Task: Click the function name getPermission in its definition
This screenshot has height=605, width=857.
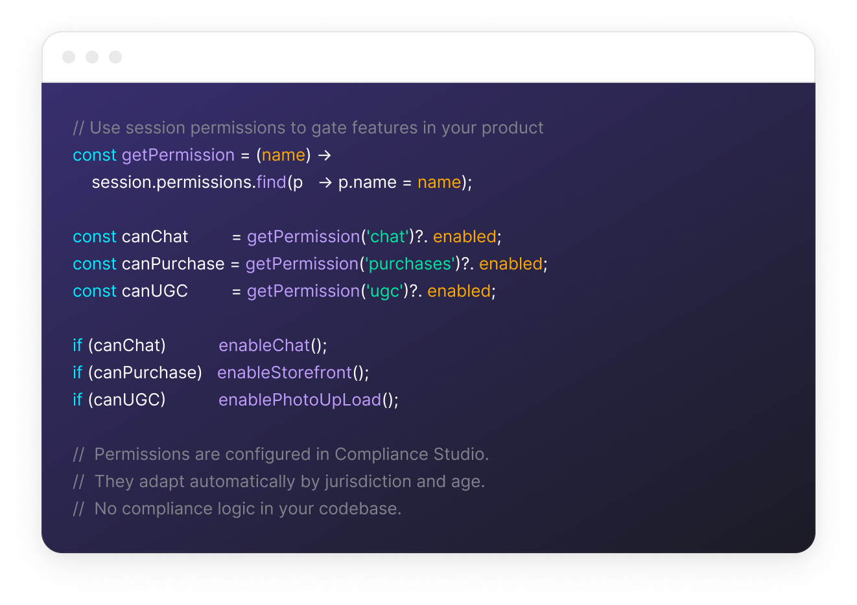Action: point(178,155)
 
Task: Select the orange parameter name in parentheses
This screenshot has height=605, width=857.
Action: point(283,155)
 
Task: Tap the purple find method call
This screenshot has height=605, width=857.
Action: point(271,183)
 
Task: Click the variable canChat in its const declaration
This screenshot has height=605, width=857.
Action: point(154,237)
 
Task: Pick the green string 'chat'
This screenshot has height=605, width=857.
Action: point(388,237)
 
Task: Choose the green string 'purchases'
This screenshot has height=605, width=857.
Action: point(410,264)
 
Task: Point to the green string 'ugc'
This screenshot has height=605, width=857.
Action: point(384,291)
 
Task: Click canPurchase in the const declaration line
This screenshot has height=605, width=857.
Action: point(172,264)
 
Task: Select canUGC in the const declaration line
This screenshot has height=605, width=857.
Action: point(154,291)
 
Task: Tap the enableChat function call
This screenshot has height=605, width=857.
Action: point(264,346)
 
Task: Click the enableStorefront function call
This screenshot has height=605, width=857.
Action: point(285,373)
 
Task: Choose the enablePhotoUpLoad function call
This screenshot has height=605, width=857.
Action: point(299,400)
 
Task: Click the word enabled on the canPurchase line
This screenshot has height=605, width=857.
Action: point(511,264)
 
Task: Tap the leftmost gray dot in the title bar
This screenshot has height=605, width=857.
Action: point(69,57)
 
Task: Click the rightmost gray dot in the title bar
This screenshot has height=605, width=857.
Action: point(115,57)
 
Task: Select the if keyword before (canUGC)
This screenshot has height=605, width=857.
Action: point(77,400)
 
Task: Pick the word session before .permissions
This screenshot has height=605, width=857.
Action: point(122,183)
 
